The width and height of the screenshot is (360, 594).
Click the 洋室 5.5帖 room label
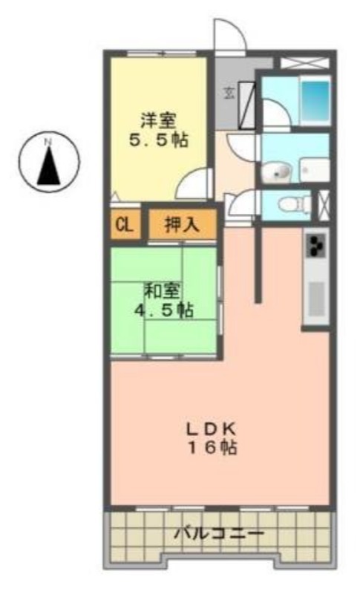[158, 131]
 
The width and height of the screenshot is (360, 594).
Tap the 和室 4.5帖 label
[163, 301]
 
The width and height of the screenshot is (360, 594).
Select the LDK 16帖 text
[212, 439]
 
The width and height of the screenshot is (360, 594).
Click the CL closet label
[124, 226]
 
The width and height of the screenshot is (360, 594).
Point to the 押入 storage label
[182, 225]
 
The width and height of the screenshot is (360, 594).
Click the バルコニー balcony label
[219, 534]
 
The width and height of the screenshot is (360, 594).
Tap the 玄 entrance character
[229, 93]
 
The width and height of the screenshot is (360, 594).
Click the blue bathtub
[315, 100]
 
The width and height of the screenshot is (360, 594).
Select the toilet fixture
[293, 204]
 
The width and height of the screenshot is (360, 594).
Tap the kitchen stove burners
[315, 245]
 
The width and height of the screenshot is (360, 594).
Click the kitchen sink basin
[316, 299]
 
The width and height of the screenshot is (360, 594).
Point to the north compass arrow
[49, 166]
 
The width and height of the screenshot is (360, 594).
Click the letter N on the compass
[48, 143]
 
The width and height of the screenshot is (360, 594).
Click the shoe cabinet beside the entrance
[247, 105]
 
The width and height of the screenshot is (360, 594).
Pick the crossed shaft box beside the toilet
[323, 205]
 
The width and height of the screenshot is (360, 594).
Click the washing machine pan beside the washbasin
[315, 171]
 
